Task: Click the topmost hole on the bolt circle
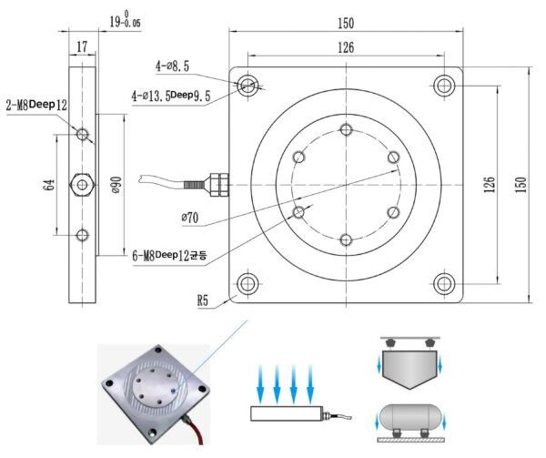click(346, 128)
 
